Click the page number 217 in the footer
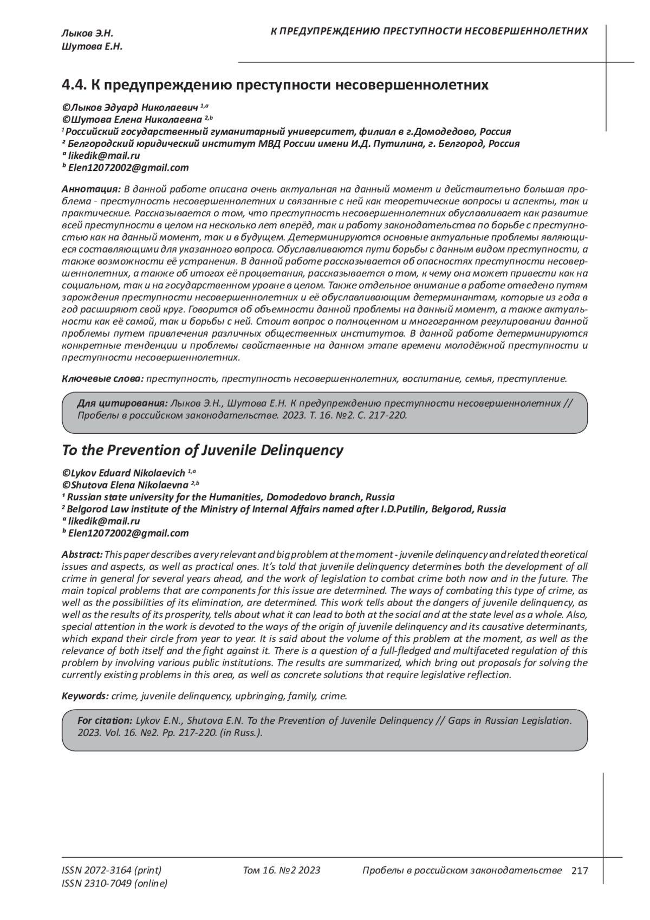579,871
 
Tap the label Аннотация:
91,189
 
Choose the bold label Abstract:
82,555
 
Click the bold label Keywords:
85,696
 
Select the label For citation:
105,720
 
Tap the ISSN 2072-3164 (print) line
112,871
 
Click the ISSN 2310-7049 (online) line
115,884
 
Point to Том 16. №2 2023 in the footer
282,871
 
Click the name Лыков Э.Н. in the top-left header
87,34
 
